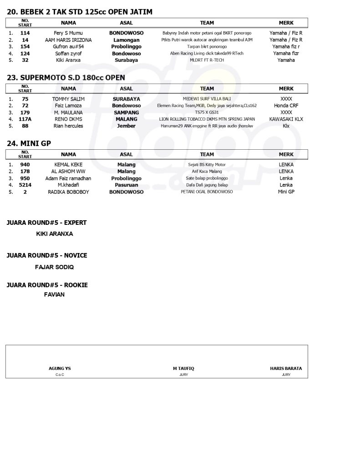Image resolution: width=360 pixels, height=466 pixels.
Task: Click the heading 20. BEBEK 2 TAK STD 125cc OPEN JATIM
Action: pyautogui.click(x=80, y=12)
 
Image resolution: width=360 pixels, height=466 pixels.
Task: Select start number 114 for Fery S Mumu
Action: pyautogui.click(x=25, y=33)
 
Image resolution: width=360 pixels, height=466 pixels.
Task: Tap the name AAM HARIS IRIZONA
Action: pyautogui.click(x=68, y=40)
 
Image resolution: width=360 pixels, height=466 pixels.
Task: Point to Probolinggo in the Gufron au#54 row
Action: pyautogui.click(x=126, y=47)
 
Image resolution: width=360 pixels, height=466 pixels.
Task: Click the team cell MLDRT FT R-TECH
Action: pyautogui.click(x=207, y=60)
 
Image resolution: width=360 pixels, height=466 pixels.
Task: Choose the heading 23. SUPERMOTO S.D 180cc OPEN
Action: pyautogui.click(x=66, y=78)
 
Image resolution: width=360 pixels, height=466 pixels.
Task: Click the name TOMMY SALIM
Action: pyautogui.click(x=68, y=99)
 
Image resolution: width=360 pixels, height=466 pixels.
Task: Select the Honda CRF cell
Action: pyautogui.click(x=286, y=106)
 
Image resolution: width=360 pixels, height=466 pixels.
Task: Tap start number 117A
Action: pyautogui.click(x=25, y=119)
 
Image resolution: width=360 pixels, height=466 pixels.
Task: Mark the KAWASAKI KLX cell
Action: pyautogui.click(x=286, y=119)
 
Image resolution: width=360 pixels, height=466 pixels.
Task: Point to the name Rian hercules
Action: pyautogui.click(x=68, y=126)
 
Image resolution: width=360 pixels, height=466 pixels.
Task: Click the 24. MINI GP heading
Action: pyautogui.click(x=29, y=143)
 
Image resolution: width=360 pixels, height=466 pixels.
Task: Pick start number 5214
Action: pyautogui.click(x=25, y=185)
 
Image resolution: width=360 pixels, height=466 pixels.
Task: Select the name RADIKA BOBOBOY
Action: pyautogui.click(x=68, y=192)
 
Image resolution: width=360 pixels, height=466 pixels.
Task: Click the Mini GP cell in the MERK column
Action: pyautogui.click(x=286, y=192)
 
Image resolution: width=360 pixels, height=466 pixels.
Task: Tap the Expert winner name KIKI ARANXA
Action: pyautogui.click(x=54, y=234)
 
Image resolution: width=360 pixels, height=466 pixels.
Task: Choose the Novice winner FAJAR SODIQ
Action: pyautogui.click(x=54, y=267)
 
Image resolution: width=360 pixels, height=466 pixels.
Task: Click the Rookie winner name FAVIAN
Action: pyautogui.click(x=54, y=294)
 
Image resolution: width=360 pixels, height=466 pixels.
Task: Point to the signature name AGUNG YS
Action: pyautogui.click(x=60, y=369)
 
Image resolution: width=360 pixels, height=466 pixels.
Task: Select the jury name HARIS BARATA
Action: pyautogui.click(x=286, y=369)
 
